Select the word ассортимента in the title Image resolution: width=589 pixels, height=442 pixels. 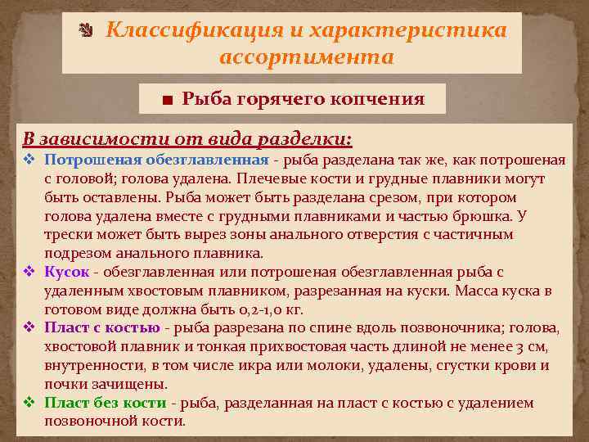307,58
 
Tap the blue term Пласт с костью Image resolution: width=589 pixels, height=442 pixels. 102,328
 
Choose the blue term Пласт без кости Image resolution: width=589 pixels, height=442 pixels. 106,403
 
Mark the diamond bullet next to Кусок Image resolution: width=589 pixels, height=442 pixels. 29,271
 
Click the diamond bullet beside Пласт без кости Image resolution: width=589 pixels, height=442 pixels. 29,403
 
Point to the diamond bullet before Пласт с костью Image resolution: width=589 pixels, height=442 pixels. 29,328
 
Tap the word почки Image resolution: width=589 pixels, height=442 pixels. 61,384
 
